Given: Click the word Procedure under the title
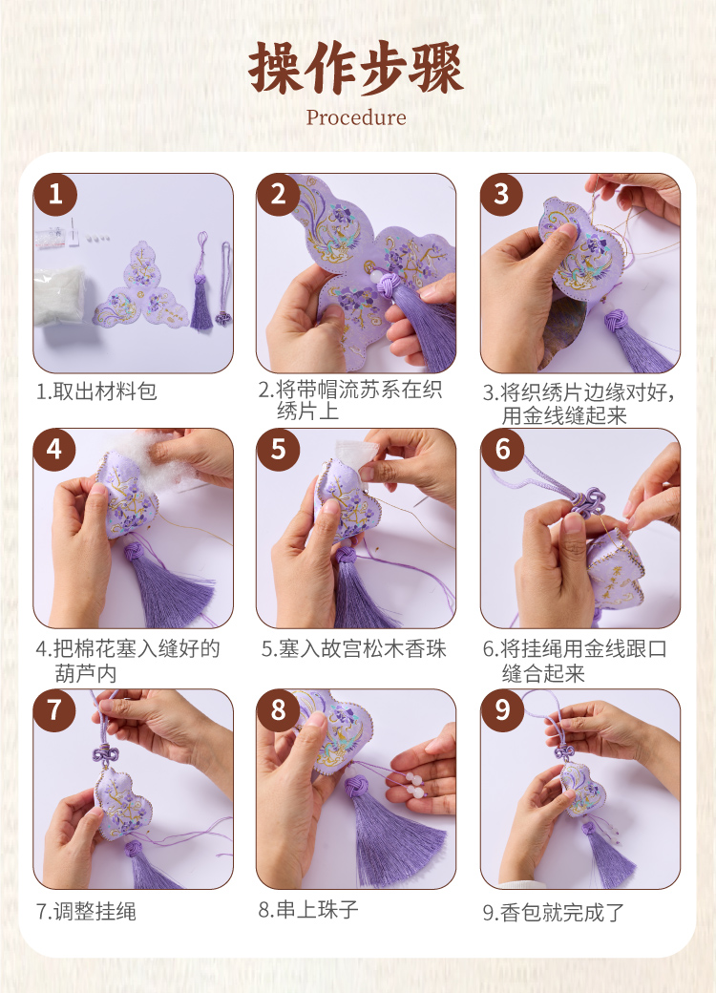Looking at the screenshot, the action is tap(356, 117).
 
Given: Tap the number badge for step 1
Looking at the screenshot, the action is tap(55, 195).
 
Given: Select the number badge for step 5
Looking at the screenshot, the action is tap(279, 450).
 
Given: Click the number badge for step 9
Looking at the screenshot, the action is tap(503, 710).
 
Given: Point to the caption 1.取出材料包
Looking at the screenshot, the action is tap(96, 391).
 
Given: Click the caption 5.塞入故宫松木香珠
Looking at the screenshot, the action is tap(354, 648).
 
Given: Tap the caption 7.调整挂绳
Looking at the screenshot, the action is tap(86, 911).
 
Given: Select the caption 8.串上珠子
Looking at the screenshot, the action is tap(308, 910).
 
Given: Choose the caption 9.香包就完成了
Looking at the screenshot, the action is tap(554, 912).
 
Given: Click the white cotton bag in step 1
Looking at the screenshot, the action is tap(59, 295).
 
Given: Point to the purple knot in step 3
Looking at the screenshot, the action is tap(617, 323).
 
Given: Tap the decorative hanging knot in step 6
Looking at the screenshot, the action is tap(586, 503).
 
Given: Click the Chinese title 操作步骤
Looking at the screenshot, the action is tap(356, 69).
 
